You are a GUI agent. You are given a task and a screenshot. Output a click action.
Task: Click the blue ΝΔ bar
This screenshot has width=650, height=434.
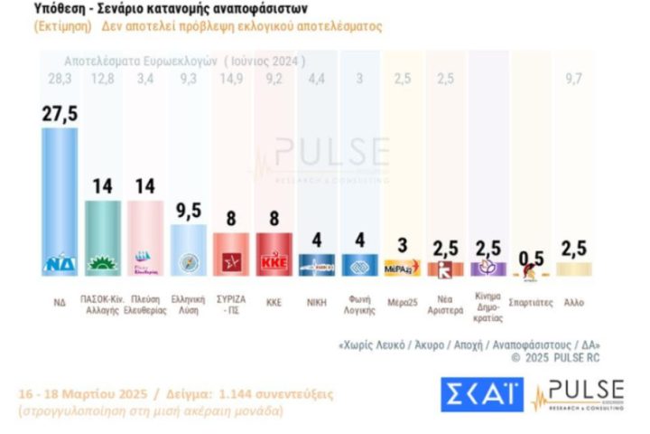point(65,199)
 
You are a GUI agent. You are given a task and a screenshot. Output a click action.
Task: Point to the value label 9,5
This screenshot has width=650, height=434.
point(190,212)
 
